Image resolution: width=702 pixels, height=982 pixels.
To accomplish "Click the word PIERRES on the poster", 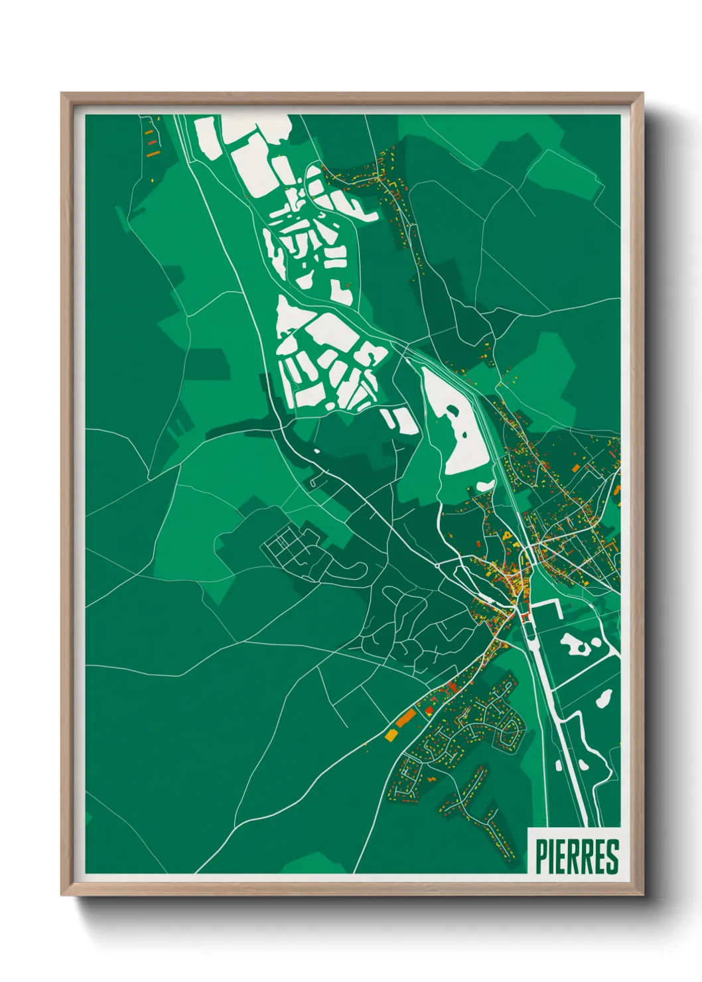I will tap(576, 857).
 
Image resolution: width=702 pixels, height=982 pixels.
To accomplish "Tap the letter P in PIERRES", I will tap(541, 857).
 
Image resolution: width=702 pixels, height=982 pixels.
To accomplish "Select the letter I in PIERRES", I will tap(552, 857).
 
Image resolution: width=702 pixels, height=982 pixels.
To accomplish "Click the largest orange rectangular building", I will tap(406, 717).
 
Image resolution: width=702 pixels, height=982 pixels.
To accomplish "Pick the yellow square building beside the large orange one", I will tap(390, 735).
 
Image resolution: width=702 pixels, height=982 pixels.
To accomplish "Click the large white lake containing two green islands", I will tap(456, 425).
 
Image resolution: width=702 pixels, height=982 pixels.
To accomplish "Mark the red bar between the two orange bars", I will tap(151, 141).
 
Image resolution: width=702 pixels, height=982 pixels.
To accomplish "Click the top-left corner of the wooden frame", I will tap(62, 94).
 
